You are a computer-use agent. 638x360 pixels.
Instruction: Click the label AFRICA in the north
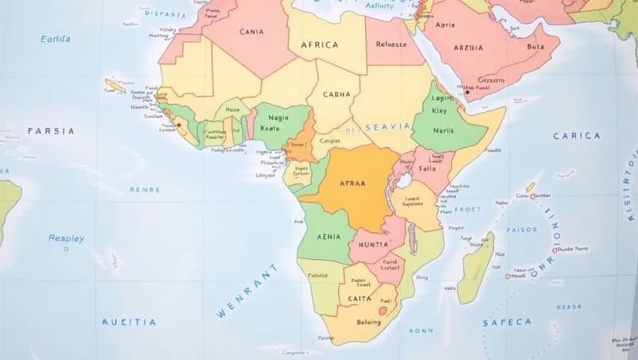point(319,45)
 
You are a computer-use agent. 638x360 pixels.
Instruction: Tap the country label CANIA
point(251,32)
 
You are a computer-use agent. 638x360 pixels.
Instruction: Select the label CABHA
point(336,95)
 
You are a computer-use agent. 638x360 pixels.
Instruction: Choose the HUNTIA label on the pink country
point(369,244)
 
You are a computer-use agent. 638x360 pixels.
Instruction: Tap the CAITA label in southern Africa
point(359,298)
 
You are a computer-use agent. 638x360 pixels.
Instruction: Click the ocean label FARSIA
point(51,131)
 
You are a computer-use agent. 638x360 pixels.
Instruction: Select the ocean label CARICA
point(576,136)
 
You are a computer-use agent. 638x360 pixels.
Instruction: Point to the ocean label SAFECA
point(507,322)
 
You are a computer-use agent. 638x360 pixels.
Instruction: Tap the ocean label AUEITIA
point(129,322)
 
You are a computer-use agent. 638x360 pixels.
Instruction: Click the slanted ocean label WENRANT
point(247,291)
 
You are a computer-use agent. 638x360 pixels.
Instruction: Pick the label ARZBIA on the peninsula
point(468,48)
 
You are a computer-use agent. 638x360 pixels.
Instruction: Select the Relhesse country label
point(391,45)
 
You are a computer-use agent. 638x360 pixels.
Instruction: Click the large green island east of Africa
point(475,268)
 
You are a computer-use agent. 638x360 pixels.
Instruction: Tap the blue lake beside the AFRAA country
point(401,183)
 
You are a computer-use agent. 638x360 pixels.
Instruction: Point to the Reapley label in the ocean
point(66,238)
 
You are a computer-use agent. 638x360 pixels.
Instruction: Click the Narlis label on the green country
point(443,131)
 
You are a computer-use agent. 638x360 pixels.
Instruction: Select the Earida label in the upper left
point(55,39)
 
